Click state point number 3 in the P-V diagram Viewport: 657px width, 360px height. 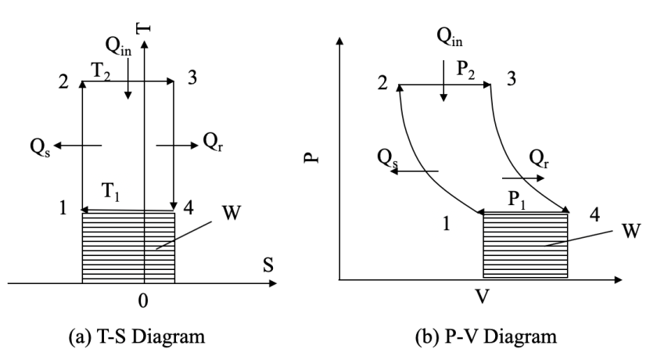(511, 77)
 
